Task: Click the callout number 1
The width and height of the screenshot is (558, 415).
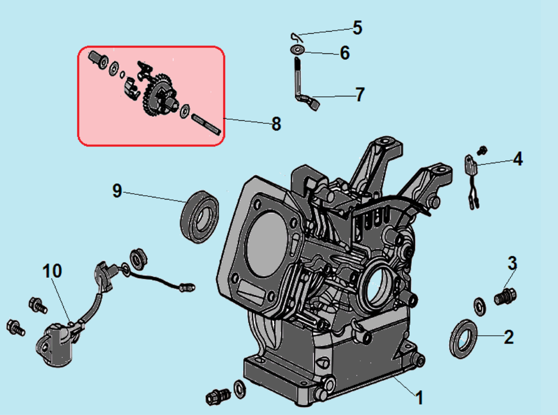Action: tap(420, 398)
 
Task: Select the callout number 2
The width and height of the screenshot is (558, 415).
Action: tap(509, 337)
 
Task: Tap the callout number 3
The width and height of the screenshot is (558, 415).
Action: tap(512, 263)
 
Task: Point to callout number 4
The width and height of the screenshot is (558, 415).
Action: tap(518, 159)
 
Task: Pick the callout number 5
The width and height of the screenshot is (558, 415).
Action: tap(357, 28)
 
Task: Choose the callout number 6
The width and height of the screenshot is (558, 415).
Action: tap(345, 53)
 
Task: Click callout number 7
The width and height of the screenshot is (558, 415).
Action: tap(359, 95)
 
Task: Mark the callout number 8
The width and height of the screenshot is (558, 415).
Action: tap(276, 123)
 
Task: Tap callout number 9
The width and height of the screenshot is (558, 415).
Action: tap(117, 191)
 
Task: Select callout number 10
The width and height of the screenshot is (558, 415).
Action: tap(52, 270)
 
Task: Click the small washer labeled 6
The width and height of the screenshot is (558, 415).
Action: tap(298, 50)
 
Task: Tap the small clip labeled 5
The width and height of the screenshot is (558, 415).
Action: tap(295, 36)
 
